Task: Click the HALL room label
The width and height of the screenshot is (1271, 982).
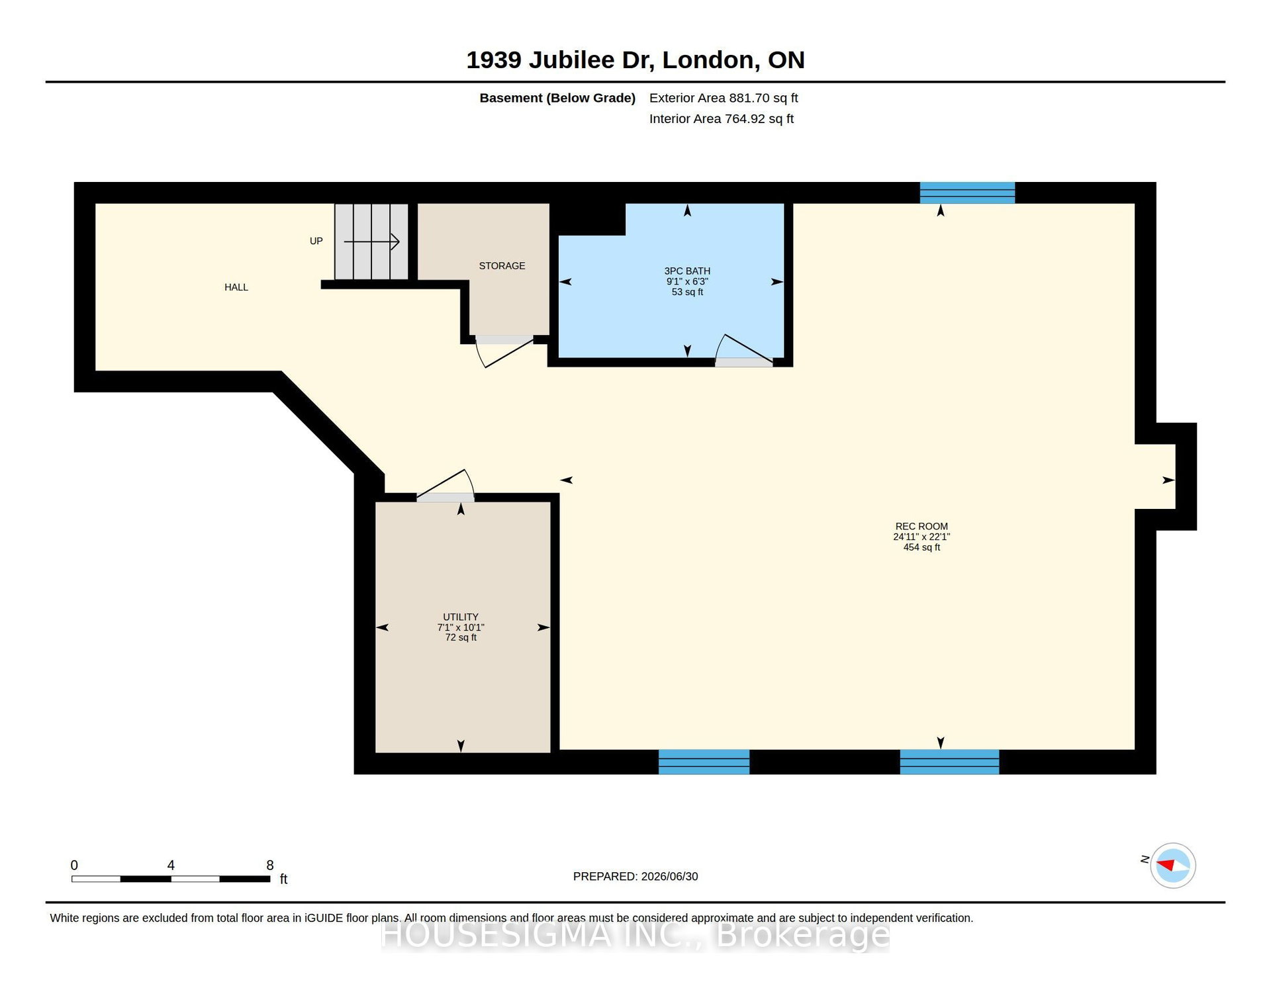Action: coord(236,287)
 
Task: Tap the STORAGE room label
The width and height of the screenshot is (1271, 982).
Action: coord(502,266)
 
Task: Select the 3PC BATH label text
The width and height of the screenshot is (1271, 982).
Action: coord(687,271)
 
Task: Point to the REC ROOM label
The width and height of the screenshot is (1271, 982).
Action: coord(921,527)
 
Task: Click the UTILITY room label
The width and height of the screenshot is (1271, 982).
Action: coord(461,617)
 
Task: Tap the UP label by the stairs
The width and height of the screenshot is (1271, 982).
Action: coord(316,241)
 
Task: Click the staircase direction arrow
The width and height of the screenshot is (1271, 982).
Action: coord(371,242)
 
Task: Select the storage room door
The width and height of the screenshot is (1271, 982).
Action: coord(504,351)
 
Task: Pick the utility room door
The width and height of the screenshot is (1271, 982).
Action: coord(446,485)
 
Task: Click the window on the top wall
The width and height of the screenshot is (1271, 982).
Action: coord(967,193)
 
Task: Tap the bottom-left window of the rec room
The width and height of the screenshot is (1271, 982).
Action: coord(704,762)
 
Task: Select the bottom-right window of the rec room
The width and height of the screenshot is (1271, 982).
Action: coord(949,762)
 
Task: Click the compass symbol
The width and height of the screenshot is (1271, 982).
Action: coord(1173,866)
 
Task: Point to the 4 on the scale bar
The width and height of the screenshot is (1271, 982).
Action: coord(171,866)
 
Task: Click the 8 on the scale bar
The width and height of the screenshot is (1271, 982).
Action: coord(270,866)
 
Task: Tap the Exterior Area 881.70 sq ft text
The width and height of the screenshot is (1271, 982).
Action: coord(724,98)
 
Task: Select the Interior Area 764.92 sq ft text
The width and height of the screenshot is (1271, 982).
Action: coord(722,119)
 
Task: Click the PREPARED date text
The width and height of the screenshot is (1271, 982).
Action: coord(635,877)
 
